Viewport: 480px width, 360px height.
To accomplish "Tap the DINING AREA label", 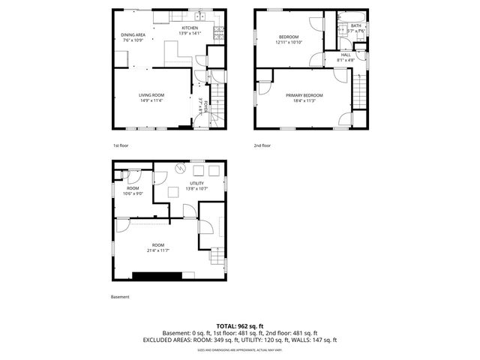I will click(133, 34).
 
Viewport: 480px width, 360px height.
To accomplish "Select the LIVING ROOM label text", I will click(151, 95).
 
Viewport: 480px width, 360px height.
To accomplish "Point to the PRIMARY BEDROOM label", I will click(304, 95).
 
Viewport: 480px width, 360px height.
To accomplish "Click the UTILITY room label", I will click(196, 183).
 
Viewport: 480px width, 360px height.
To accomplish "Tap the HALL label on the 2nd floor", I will click(346, 54).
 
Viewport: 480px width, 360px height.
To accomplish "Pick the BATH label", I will click(356, 25).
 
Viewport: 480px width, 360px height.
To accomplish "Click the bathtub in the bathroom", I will click(351, 16).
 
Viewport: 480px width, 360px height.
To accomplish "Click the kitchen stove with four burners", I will click(219, 32).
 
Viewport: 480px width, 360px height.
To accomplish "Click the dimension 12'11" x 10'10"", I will click(289, 42).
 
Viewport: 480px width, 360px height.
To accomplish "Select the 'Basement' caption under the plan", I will click(120, 296).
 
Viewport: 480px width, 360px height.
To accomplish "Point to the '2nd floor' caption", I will click(262, 145).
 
